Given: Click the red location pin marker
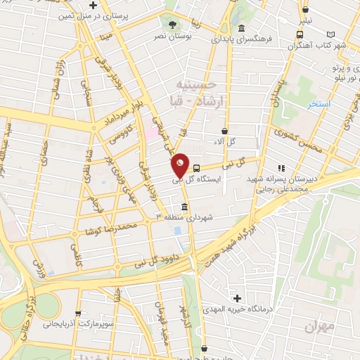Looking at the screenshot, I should tap(181, 165).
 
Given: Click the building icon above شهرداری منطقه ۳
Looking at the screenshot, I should tap(184, 207).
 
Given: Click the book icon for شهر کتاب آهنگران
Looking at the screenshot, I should tap(331, 33).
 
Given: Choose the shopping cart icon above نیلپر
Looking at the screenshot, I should tap(306, 9).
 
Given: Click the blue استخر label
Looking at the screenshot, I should tap(319, 103).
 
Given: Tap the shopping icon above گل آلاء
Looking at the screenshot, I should tap(224, 131).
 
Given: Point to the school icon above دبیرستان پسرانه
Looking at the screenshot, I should tap(282, 168).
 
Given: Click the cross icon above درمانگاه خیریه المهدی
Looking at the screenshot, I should tap(237, 298).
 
